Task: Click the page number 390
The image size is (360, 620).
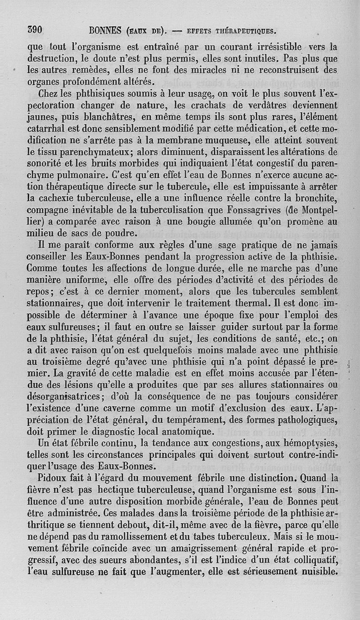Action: [x=34, y=30]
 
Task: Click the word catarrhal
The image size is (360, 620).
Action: [x=46, y=130]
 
